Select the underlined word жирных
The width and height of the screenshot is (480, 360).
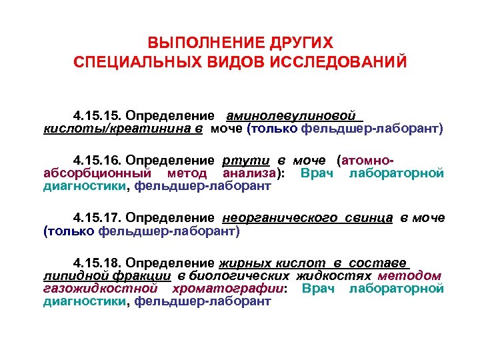(243, 263)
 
